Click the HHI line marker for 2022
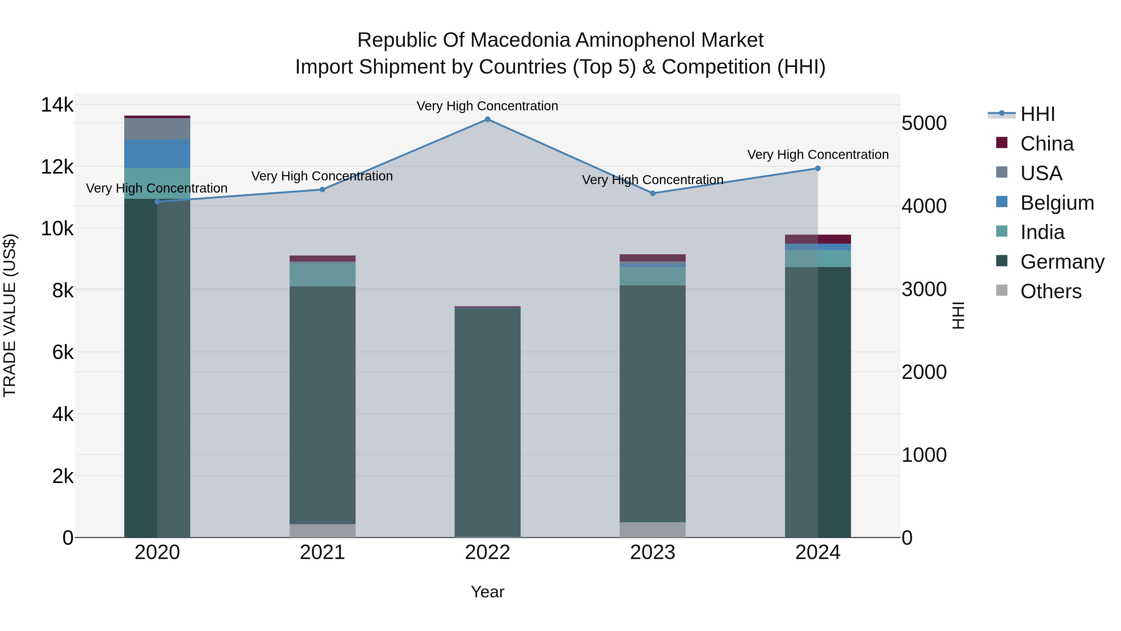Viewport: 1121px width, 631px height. pos(487,119)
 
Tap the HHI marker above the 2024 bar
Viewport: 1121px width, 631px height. pos(818,169)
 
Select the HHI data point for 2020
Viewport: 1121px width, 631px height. pos(158,202)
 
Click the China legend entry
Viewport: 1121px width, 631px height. pos(1047,144)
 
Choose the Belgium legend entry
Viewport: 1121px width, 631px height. pos(1057,203)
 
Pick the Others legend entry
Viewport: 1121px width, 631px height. pos(1051,291)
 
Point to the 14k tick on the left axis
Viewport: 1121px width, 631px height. pos(57,105)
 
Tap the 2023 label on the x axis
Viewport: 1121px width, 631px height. pos(652,552)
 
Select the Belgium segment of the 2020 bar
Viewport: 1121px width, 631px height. pos(157,154)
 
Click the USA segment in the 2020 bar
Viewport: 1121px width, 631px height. pos(157,129)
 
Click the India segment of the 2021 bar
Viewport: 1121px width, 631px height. pos(323,274)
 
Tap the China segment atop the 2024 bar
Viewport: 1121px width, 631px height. pos(818,239)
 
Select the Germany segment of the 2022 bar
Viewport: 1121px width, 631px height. pos(487,423)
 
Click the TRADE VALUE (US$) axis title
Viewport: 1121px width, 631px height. pos(10,315)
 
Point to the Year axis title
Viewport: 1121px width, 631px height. pos(487,592)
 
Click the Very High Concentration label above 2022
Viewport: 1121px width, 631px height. pos(487,106)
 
